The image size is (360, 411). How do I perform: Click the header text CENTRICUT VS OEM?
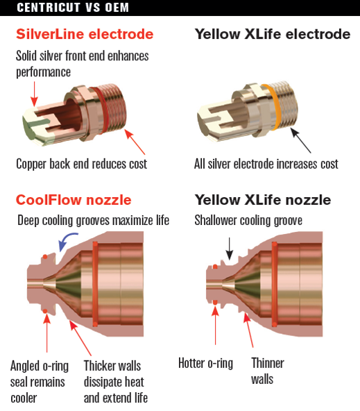click(x=73, y=8)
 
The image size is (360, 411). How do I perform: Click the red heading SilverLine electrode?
click(x=85, y=34)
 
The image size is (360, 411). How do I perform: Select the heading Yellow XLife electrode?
click(x=273, y=34)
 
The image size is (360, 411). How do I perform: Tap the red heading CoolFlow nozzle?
click(x=74, y=200)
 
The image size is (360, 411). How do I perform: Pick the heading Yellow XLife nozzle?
click(x=263, y=200)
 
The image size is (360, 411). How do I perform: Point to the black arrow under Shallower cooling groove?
click(x=230, y=249)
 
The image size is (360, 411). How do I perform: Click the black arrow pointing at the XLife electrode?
click(x=301, y=140)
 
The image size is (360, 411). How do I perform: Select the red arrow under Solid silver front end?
click(x=34, y=94)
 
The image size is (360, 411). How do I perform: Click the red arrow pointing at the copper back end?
click(x=135, y=142)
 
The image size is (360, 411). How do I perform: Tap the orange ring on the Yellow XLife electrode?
click(x=273, y=107)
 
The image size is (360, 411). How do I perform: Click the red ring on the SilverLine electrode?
click(x=102, y=110)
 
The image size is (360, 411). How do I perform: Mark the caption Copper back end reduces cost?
click(x=81, y=164)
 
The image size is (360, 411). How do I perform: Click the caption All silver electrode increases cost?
click(x=266, y=164)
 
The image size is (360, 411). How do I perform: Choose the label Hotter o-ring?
click(x=205, y=364)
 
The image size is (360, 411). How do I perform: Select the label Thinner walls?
click(x=268, y=371)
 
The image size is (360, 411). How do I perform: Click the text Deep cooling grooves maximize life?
click(x=93, y=221)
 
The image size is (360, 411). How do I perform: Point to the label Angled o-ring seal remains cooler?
click(x=40, y=382)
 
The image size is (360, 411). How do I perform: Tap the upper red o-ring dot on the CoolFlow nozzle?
click(x=45, y=257)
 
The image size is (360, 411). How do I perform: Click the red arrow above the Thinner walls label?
click(x=248, y=330)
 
